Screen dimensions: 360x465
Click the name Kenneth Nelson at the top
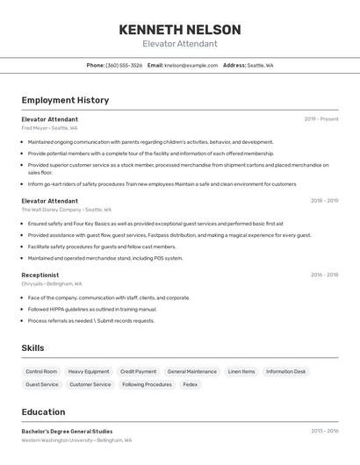(x=179, y=29)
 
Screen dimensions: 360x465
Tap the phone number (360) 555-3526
(x=124, y=65)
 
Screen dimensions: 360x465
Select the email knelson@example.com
(x=191, y=65)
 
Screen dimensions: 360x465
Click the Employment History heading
(x=65, y=100)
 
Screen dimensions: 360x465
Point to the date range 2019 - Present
(x=320, y=119)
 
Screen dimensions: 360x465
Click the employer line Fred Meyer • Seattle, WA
(x=49, y=128)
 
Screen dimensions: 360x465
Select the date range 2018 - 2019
(x=324, y=201)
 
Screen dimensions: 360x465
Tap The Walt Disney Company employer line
(x=66, y=210)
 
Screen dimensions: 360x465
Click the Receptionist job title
(x=40, y=275)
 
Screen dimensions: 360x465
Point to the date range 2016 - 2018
(x=324, y=275)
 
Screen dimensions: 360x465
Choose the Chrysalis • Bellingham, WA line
(x=52, y=283)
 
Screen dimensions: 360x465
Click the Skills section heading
(x=32, y=348)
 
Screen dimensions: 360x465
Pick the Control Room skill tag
(x=41, y=371)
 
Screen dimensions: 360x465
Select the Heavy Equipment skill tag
(x=89, y=371)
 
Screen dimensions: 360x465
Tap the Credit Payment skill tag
(x=138, y=371)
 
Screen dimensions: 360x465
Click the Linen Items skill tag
(x=241, y=371)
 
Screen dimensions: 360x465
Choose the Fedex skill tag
(x=190, y=384)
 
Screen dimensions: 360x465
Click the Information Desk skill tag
(x=285, y=371)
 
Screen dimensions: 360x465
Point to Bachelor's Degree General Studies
(x=67, y=432)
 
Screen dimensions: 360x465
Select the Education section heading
(x=43, y=412)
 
